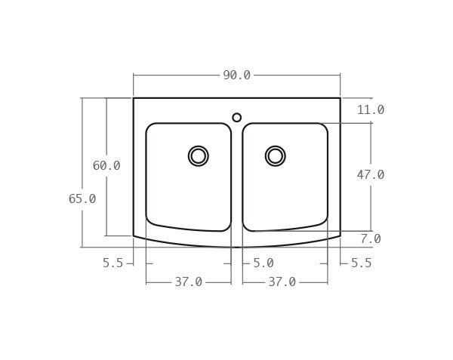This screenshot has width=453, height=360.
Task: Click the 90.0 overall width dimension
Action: pos(236,75)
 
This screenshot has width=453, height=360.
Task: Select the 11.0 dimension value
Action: pos(371,110)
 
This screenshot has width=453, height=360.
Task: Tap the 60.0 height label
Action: pos(106,166)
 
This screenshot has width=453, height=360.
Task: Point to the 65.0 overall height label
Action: pos(82,199)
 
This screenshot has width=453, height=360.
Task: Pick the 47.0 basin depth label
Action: pos(371,175)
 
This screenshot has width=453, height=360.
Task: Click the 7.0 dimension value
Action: pos(371,239)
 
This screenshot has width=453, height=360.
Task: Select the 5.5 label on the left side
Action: pos(112,263)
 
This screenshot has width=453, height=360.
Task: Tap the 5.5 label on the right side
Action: pos(362,263)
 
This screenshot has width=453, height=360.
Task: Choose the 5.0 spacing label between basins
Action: pos(263,263)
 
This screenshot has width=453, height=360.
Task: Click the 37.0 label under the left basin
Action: pos(189,282)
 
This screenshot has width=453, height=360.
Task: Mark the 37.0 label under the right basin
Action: pos(282,282)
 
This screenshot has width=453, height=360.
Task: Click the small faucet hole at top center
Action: pos(237,118)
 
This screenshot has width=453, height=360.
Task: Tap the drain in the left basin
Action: pos(199,156)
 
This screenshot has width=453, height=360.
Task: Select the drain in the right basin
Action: pos(276,156)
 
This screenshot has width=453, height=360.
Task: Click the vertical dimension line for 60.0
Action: pos(106,204)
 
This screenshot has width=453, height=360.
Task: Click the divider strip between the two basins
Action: pos(237,181)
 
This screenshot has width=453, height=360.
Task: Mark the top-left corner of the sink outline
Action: pos(134,98)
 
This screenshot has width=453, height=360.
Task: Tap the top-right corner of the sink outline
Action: pos(340,98)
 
